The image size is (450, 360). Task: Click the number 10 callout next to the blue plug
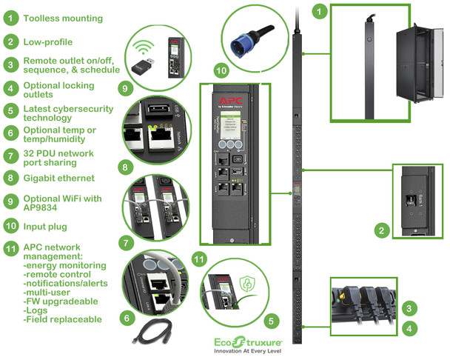pyautogui.click(x=220, y=70)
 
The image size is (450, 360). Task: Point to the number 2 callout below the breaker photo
pyautogui.click(x=380, y=231)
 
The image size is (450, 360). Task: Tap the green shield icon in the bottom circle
pyautogui.click(x=246, y=284)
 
